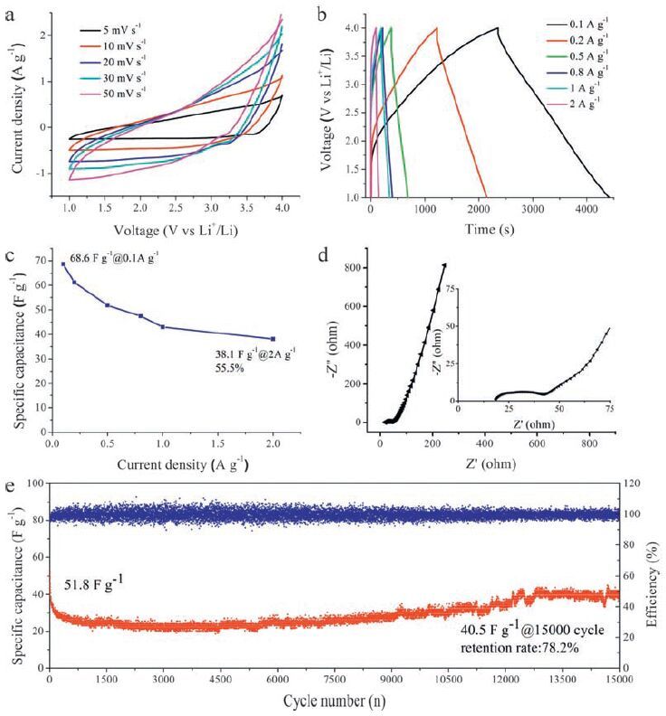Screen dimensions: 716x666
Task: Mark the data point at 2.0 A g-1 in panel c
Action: [x=272, y=339]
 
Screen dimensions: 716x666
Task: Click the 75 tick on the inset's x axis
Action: [x=609, y=410]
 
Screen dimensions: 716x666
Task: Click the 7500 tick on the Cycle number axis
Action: [x=334, y=679]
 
